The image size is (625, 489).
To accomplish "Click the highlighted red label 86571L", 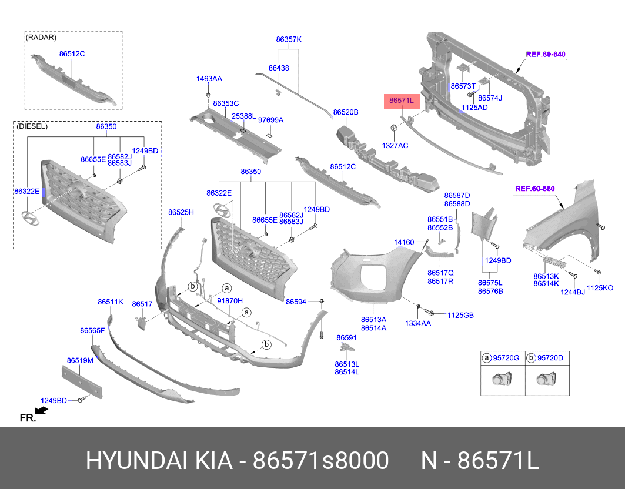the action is pyautogui.click(x=400, y=101).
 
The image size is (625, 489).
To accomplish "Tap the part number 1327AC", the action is pyautogui.click(x=395, y=145).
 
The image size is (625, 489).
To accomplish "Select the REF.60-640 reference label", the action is pyautogui.click(x=545, y=54).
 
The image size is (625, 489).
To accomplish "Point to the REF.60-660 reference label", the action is pyautogui.click(x=534, y=189).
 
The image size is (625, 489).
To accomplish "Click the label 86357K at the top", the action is pyautogui.click(x=288, y=39).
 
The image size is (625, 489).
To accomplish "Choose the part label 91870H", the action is pyautogui.click(x=230, y=300).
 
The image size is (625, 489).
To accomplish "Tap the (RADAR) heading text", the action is pyautogui.click(x=41, y=38).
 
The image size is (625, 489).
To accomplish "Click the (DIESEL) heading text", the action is pyautogui.click(x=32, y=126).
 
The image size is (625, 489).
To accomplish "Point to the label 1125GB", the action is pyautogui.click(x=460, y=316).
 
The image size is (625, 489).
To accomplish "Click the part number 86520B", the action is pyautogui.click(x=346, y=112).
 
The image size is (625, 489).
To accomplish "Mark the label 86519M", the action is pyautogui.click(x=80, y=360).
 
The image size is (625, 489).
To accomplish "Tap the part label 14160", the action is pyautogui.click(x=404, y=242).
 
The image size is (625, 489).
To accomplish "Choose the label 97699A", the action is pyautogui.click(x=270, y=120).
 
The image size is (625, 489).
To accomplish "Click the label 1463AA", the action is pyautogui.click(x=209, y=78).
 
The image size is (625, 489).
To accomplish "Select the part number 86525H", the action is pyautogui.click(x=181, y=212).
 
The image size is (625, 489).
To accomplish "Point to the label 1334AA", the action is pyautogui.click(x=418, y=323).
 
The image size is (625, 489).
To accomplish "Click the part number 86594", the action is pyautogui.click(x=296, y=302).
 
